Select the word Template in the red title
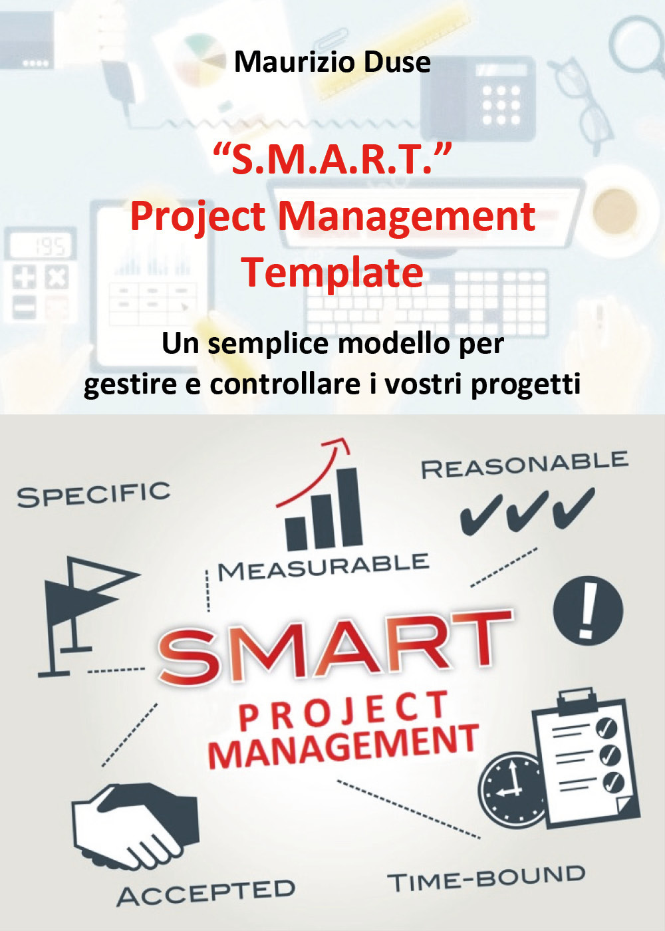tap(332, 273)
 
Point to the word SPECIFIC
tap(94, 494)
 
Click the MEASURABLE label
tap(323, 567)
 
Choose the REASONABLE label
tap(525, 464)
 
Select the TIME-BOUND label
tap(486, 879)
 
